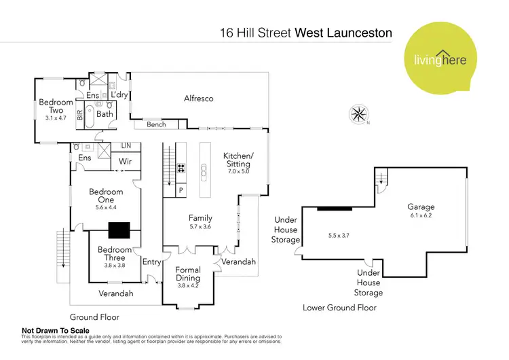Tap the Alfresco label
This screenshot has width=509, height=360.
pos(198,98)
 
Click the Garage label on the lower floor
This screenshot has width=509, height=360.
pos(421,206)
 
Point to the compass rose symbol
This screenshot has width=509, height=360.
pos(358,113)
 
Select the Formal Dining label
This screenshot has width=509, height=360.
pos(188,274)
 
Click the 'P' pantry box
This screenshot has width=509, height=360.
pos(181,190)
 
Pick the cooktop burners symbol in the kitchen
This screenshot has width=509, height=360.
pos(181,170)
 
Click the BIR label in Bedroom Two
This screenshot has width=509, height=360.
pos(80,115)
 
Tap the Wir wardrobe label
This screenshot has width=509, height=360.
pos(125,162)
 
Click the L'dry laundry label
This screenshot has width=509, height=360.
pos(119,95)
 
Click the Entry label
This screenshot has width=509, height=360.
pos(151,262)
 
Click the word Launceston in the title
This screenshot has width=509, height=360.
pos(359,32)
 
